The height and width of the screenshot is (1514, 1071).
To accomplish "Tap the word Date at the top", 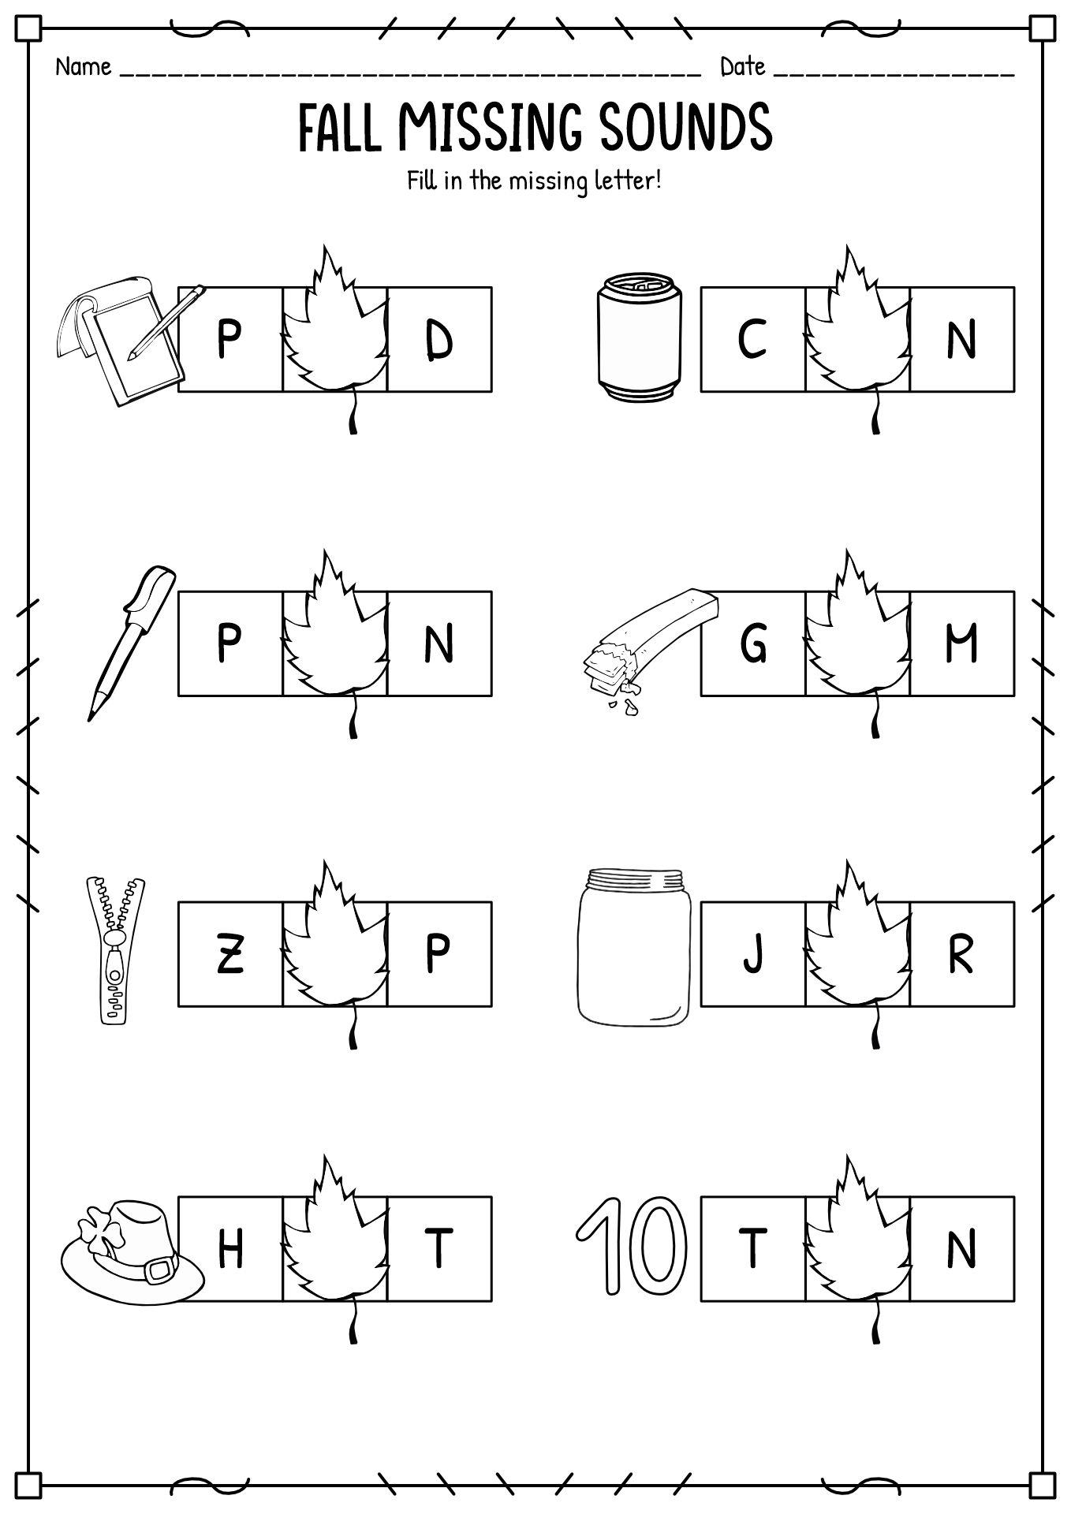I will [742, 68].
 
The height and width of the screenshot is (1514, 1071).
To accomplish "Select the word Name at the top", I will [83, 68].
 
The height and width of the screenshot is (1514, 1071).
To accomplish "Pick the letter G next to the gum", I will [753, 643].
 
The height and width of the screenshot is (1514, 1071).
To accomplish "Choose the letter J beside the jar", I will [753, 954].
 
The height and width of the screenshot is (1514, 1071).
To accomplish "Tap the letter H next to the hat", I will [229, 1249].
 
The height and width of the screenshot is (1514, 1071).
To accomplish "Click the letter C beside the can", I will [752, 339].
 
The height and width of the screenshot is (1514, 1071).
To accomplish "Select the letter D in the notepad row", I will [439, 341].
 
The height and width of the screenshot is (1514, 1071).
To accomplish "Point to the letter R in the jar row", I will [961, 954].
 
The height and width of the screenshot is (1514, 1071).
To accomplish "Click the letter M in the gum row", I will [961, 643].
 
